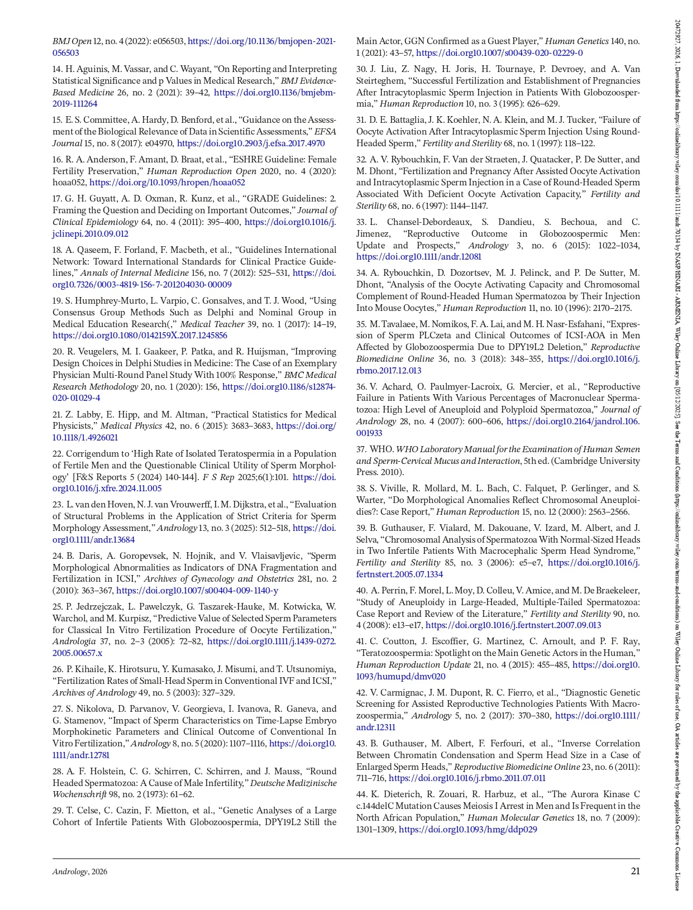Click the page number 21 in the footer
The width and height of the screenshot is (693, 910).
click(x=635, y=871)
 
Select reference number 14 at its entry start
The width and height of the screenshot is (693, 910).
click(x=57, y=69)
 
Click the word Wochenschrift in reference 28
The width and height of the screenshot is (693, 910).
click(x=79, y=794)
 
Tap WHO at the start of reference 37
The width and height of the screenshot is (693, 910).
click(x=380, y=449)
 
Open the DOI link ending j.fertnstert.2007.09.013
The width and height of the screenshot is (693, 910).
click(x=513, y=625)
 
